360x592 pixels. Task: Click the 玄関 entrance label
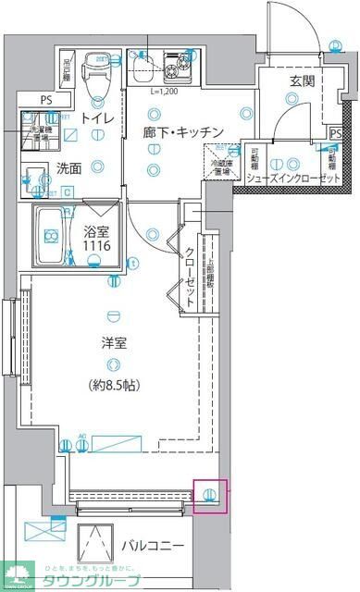301,80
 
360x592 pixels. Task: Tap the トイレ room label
96,118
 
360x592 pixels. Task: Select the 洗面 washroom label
68,169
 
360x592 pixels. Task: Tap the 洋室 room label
114,343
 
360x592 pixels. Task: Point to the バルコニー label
153,545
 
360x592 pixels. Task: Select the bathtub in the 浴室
58,238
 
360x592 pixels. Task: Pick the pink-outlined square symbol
210,495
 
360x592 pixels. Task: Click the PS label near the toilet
45,99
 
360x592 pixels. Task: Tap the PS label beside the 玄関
335,131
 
